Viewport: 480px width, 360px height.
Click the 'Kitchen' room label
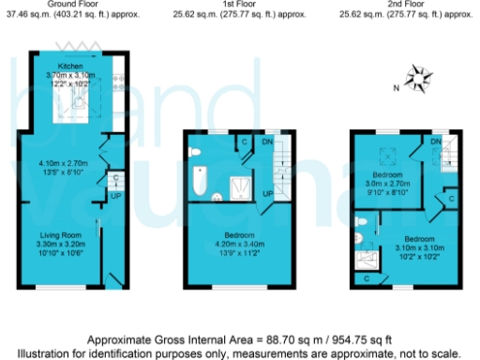point(71,66)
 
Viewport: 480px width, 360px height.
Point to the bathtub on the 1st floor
point(200,179)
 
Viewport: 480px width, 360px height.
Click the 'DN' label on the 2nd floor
point(436,142)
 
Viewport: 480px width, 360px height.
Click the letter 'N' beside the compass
point(397,87)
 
